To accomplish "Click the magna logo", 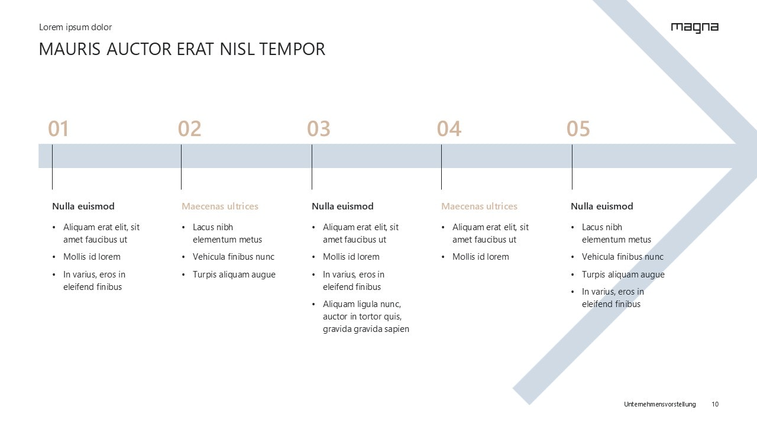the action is coord(695,28).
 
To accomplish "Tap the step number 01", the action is coord(59,129).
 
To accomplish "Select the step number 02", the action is coord(190,129).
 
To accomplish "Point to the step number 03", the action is coord(319,129).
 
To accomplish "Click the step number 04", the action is coord(449,129).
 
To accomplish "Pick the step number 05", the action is coord(578,129).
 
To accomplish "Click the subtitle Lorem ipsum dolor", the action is coord(75,27).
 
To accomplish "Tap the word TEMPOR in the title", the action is coord(292,49).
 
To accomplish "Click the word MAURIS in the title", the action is coord(70,49).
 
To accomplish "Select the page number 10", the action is coord(715,404).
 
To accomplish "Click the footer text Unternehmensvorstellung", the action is coord(659,404).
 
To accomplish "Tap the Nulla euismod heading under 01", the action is coord(83,206).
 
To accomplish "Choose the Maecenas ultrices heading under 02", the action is coord(220,206).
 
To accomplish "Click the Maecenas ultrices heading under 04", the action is coord(479,206).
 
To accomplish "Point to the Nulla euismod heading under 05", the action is coord(602,206).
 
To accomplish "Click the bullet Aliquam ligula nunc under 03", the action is coord(366,317).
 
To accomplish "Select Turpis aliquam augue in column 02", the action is coord(234,275).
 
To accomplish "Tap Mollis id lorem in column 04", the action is coord(481,257).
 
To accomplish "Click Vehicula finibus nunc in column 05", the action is coord(623,257).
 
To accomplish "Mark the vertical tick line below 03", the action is coord(312,167).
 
